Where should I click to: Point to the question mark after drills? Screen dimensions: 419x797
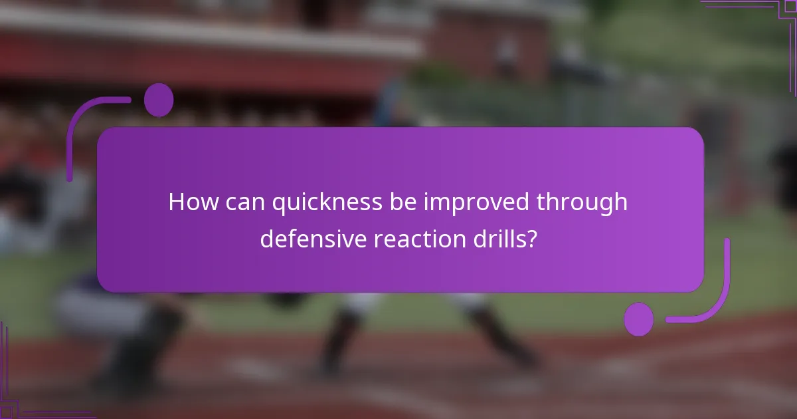532,239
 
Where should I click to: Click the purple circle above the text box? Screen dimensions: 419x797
158,100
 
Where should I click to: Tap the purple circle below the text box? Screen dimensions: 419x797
639,319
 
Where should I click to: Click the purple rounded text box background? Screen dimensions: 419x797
398,153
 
